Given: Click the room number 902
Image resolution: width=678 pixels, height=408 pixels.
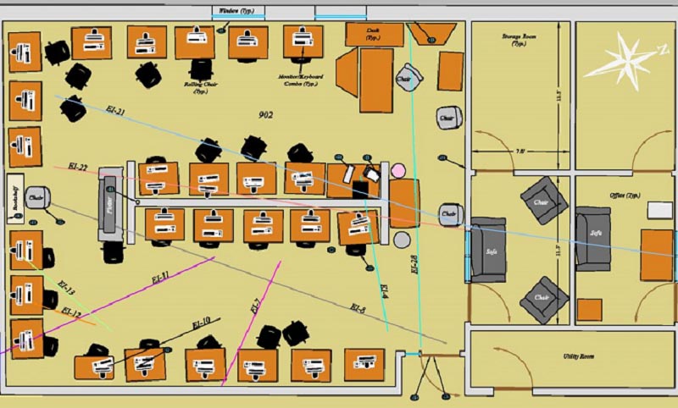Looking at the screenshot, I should [x=265, y=114].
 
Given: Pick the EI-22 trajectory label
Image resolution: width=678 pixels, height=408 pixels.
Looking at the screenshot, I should [x=77, y=166].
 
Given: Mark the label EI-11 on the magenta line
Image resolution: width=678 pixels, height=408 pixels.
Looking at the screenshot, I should [x=159, y=276].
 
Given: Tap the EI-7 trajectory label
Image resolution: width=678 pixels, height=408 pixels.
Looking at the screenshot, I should [x=254, y=306].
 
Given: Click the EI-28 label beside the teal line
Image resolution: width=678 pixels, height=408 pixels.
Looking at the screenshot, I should [x=414, y=266].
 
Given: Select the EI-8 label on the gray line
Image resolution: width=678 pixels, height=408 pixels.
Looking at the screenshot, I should [x=357, y=309].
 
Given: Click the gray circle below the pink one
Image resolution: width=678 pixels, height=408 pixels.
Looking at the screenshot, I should [x=402, y=240].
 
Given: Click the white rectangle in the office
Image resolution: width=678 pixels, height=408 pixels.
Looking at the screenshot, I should [x=660, y=209].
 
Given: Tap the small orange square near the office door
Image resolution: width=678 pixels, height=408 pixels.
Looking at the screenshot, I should [x=589, y=309].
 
